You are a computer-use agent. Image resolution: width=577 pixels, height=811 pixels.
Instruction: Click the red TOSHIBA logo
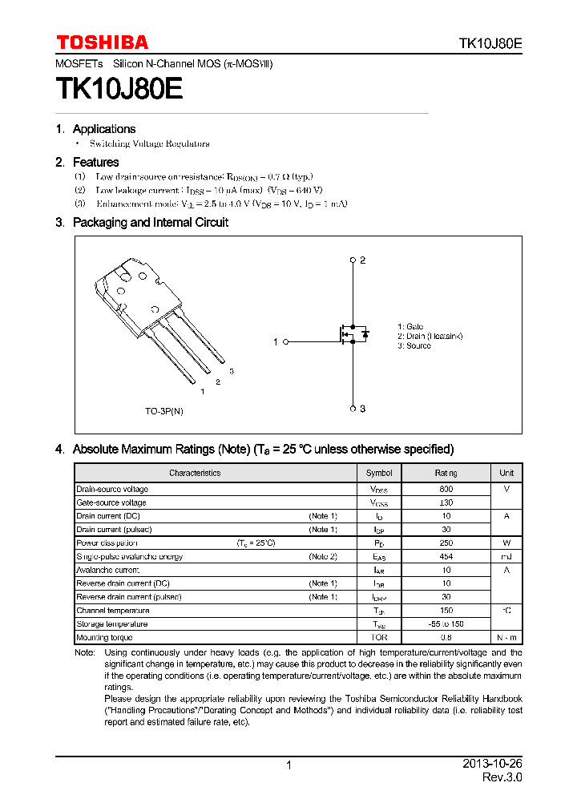[102, 42]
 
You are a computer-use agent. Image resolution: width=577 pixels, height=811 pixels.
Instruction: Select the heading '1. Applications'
[95, 129]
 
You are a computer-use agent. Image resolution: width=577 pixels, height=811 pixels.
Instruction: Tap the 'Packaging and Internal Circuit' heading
[150, 223]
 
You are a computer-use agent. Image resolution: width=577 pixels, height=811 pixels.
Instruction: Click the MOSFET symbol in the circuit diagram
[353, 333]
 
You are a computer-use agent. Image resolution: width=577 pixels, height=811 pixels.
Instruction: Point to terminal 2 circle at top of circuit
[353, 260]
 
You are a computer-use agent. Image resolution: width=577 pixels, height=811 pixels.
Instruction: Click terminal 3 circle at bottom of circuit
[353, 409]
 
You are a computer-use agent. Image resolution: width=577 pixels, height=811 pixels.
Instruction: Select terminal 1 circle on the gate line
[284, 342]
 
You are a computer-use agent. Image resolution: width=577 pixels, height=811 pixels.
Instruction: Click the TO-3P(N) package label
[164, 410]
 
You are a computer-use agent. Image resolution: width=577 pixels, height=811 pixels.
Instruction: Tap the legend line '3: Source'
[414, 346]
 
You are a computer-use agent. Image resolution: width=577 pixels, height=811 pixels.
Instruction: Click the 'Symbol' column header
[379, 473]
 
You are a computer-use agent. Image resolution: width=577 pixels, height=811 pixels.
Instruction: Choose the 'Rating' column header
[446, 473]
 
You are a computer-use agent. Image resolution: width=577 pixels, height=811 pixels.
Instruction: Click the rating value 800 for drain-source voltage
[446, 489]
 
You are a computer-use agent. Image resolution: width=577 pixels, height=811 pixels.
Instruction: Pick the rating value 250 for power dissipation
[446, 543]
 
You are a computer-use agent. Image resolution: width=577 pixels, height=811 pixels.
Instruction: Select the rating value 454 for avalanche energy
[446, 557]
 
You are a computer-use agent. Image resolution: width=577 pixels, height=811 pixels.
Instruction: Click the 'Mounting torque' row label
[103, 638]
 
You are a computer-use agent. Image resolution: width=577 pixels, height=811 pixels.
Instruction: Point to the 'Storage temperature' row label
[111, 624]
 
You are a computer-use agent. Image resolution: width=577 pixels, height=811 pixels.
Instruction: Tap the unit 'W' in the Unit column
[506, 543]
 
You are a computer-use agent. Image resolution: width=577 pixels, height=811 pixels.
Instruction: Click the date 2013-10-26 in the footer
[492, 765]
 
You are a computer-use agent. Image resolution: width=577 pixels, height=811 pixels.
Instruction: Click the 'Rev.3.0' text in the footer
[502, 778]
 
